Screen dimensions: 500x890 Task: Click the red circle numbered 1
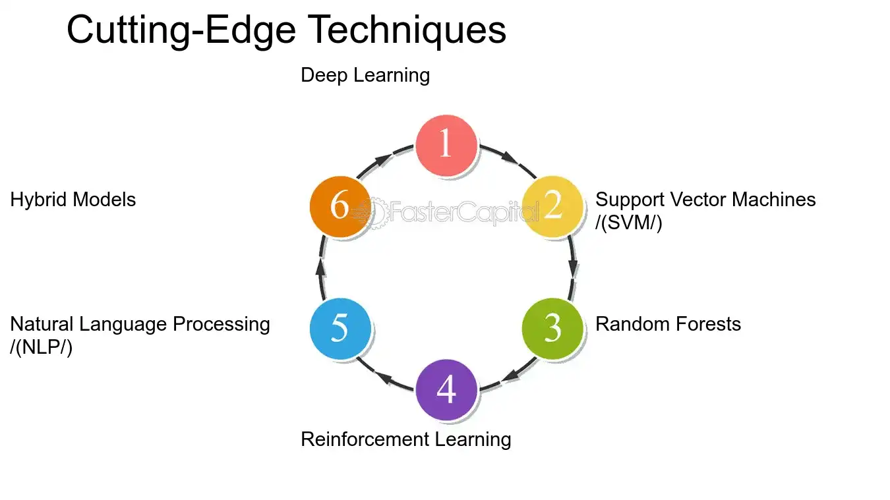click(446, 146)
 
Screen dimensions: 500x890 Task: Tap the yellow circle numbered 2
click(552, 206)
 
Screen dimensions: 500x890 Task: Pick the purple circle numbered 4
click(446, 389)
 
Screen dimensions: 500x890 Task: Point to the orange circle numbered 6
click(340, 206)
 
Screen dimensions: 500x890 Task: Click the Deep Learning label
click(365, 75)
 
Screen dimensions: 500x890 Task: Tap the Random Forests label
click(668, 324)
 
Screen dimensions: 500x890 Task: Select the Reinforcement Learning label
click(405, 439)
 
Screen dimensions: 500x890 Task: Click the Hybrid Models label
click(73, 200)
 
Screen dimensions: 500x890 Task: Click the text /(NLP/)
click(41, 347)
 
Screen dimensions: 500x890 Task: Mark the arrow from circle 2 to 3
click(573, 267)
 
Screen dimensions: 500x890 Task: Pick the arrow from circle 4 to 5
click(385, 379)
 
